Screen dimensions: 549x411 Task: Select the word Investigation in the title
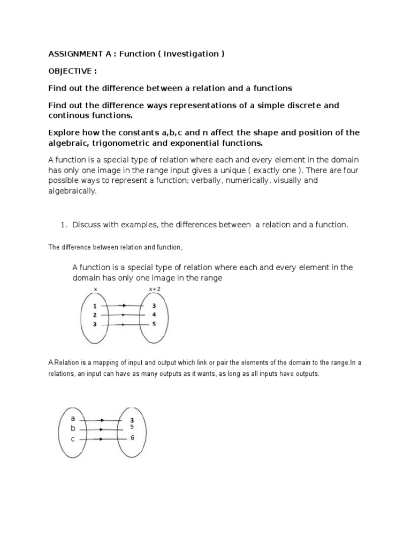pyautogui.click(x=191, y=54)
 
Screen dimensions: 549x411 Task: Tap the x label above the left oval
pyautogui.click(x=95, y=290)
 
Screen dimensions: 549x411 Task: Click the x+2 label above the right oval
pyautogui.click(x=154, y=290)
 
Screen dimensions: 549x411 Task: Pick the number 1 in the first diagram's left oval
pyautogui.click(x=95, y=306)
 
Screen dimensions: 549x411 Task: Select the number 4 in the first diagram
pyautogui.click(x=154, y=315)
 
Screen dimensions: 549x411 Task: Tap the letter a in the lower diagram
pyautogui.click(x=73, y=418)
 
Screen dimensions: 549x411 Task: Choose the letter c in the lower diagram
pyautogui.click(x=73, y=439)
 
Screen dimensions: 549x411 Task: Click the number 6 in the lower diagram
pyautogui.click(x=132, y=438)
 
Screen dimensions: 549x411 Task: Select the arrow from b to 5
pyautogui.click(x=102, y=429)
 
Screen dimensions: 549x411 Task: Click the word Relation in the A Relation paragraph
pyautogui.click(x=65, y=363)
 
